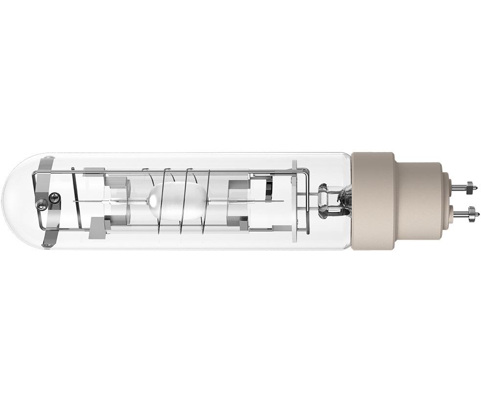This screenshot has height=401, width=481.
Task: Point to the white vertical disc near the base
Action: [x=295, y=200]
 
